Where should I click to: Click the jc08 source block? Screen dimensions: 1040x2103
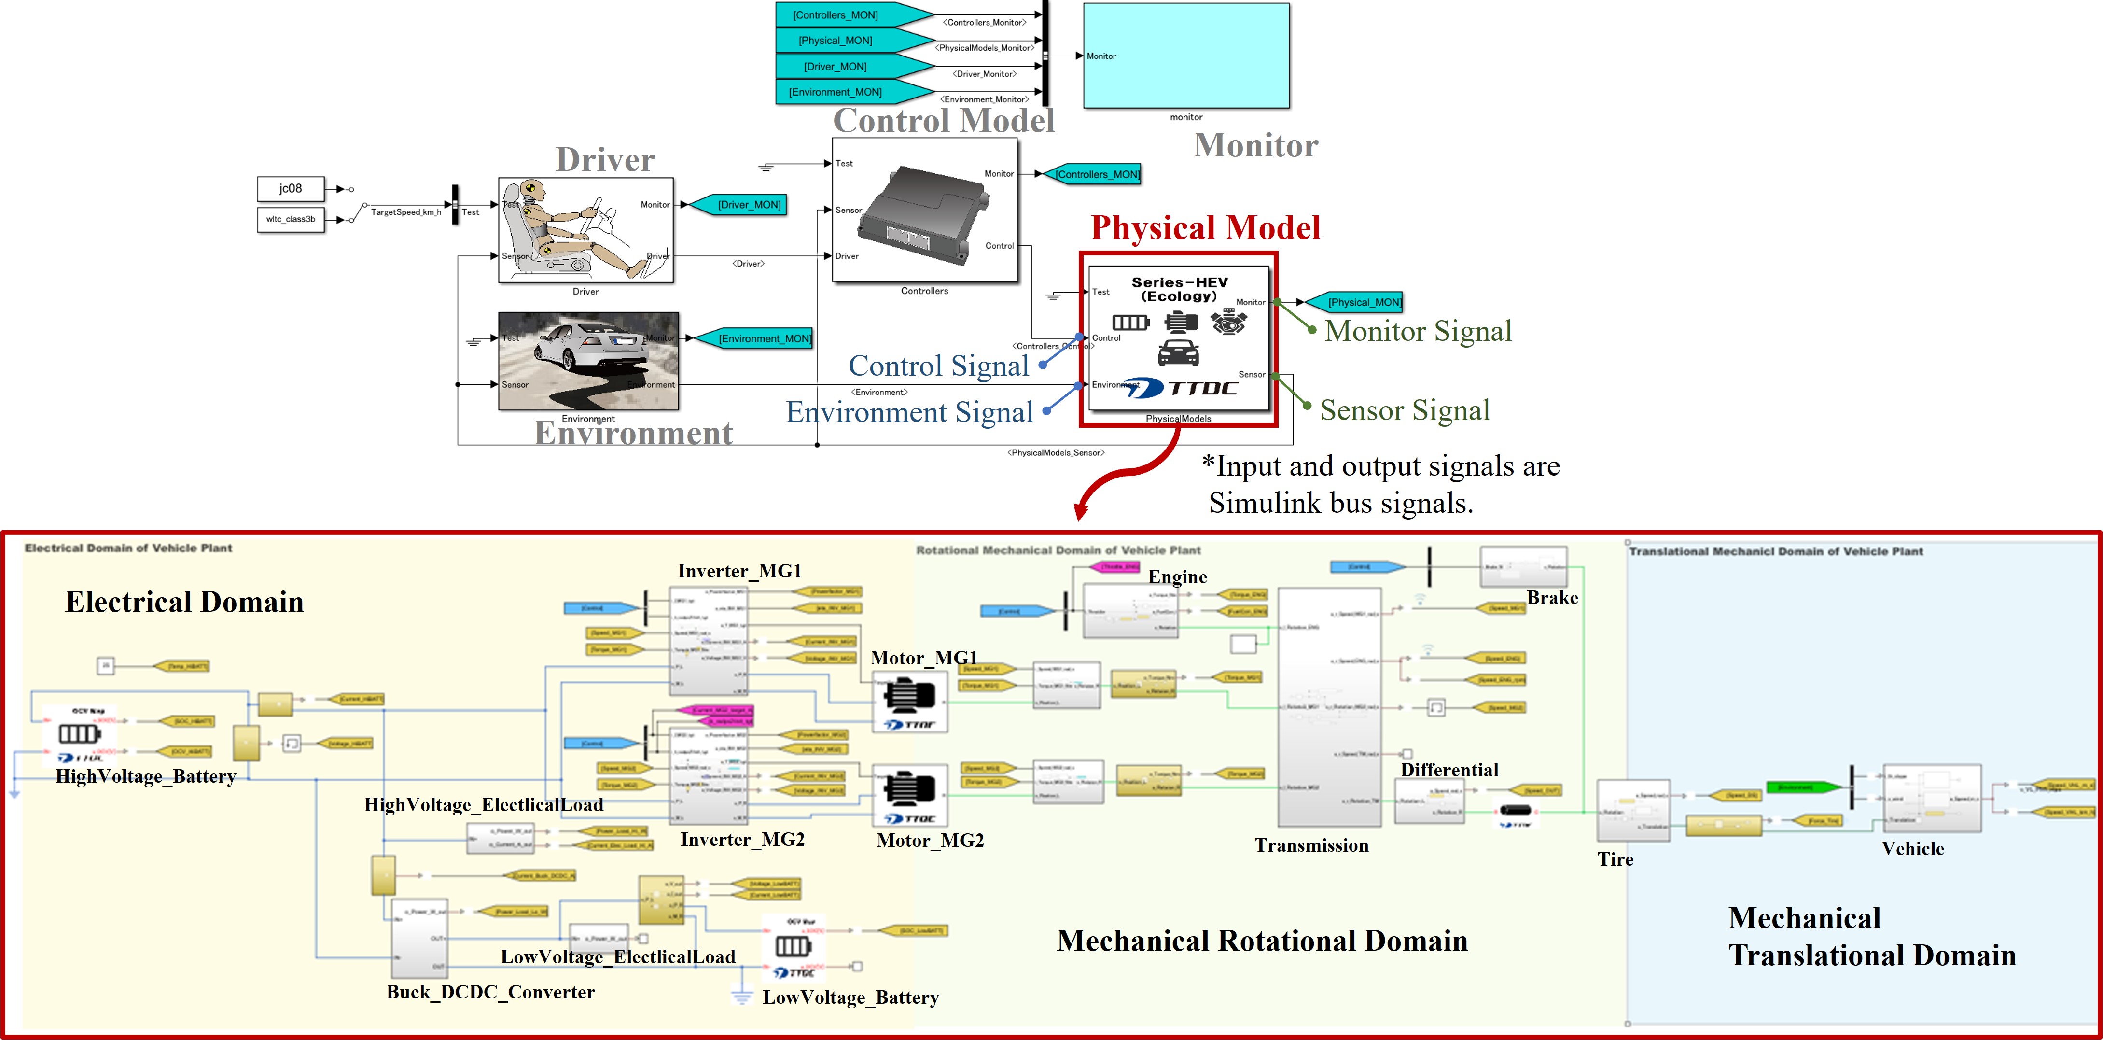[x=290, y=189]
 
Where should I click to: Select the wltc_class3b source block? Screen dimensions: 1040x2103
[x=290, y=220]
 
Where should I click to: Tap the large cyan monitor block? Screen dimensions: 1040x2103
[x=1185, y=56]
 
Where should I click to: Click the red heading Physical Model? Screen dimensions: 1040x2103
[x=1205, y=228]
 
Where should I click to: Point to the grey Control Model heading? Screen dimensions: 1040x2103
[x=943, y=121]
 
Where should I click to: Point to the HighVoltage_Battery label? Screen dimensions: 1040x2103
[x=145, y=776]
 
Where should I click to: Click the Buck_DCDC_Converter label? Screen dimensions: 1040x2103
[x=490, y=992]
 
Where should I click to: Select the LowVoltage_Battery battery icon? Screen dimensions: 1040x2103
[x=792, y=946]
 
